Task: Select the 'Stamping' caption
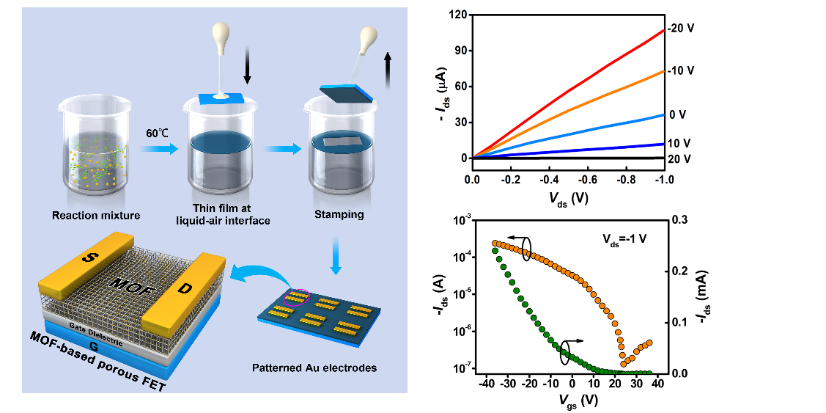tap(339, 216)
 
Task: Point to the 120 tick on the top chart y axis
tap(458, 15)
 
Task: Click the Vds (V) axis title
tap(567, 197)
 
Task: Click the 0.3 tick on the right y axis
tap(682, 220)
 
